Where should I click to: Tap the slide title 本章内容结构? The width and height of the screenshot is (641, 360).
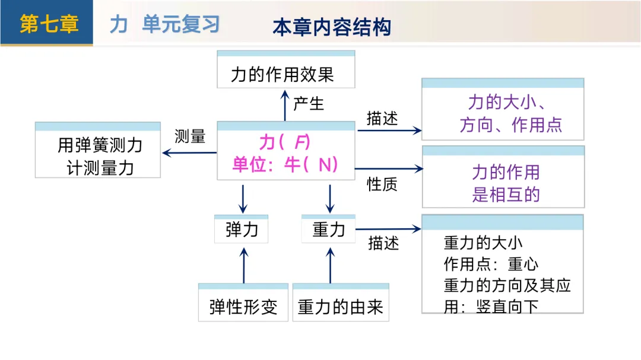[332, 27]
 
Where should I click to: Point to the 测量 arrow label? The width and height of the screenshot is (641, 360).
[190, 136]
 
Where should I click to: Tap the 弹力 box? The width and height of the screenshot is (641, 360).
[242, 230]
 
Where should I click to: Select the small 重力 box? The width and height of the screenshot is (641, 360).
[328, 230]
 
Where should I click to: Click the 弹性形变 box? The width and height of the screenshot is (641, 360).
[243, 307]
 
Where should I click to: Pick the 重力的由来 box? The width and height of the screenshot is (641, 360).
[340, 307]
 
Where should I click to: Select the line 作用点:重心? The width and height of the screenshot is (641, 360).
[491, 264]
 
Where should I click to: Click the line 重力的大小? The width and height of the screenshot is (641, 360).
[483, 243]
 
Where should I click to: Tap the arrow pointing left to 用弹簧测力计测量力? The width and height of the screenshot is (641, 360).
[189, 153]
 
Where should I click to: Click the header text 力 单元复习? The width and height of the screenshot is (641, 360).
[164, 24]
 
